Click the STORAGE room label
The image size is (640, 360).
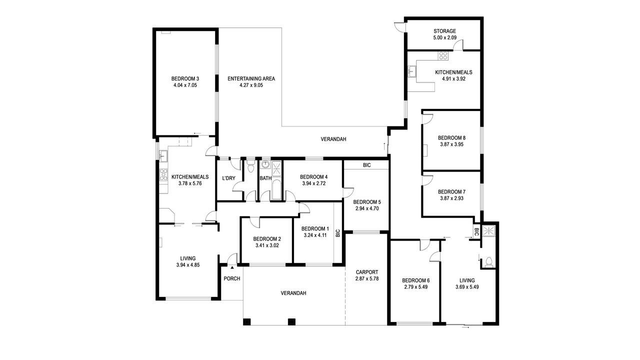click(x=444, y=31)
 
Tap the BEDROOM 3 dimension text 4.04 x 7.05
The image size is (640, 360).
click(x=185, y=85)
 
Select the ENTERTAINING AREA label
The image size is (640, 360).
click(x=251, y=78)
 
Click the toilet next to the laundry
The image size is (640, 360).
click(x=250, y=166)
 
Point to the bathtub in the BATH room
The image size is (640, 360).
click(x=276, y=189)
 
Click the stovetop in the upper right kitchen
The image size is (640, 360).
click(x=443, y=55)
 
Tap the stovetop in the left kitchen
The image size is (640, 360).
click(x=163, y=174)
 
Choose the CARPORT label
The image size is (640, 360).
click(x=367, y=272)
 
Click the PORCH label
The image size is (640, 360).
click(x=231, y=278)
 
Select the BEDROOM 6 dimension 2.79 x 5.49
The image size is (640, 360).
click(x=415, y=287)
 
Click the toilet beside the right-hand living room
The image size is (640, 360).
click(x=488, y=261)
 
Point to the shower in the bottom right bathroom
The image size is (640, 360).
click(x=489, y=231)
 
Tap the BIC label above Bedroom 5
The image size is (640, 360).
click(x=367, y=165)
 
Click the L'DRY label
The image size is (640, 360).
click(x=228, y=178)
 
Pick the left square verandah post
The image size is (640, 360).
click(x=247, y=321)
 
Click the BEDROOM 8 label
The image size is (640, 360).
click(x=451, y=138)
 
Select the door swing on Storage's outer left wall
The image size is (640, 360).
click(x=399, y=26)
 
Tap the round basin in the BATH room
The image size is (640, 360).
click(x=265, y=164)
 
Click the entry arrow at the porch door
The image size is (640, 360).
click(x=232, y=267)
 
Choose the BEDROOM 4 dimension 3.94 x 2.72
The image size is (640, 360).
click(x=313, y=183)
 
